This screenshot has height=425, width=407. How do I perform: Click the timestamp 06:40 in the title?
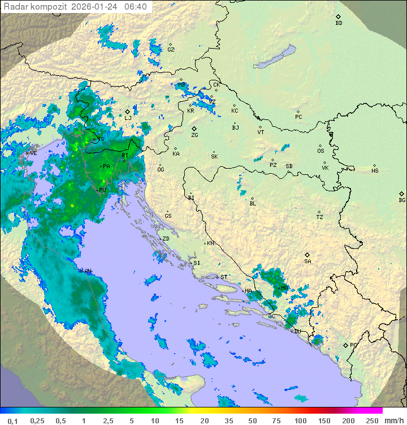(136, 7)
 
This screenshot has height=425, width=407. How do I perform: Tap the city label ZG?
(194, 135)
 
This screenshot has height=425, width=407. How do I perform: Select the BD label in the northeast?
(339, 23)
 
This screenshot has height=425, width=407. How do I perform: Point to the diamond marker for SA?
(308, 255)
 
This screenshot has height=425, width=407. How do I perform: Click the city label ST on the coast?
(224, 277)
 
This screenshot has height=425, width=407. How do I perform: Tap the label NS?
(375, 171)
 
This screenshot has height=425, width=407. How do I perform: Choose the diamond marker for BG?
(401, 194)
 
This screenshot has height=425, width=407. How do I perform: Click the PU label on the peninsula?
(102, 190)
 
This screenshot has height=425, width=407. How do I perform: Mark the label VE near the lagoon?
(33, 153)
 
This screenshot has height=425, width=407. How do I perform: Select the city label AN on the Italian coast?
(88, 271)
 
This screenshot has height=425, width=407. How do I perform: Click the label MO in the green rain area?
(284, 288)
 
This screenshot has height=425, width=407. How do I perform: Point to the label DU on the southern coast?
(297, 331)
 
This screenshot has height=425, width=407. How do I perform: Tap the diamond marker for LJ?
(128, 111)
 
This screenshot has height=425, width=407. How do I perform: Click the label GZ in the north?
(171, 50)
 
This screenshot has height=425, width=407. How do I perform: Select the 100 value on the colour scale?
(300, 420)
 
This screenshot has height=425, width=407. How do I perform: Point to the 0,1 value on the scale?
(13, 420)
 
